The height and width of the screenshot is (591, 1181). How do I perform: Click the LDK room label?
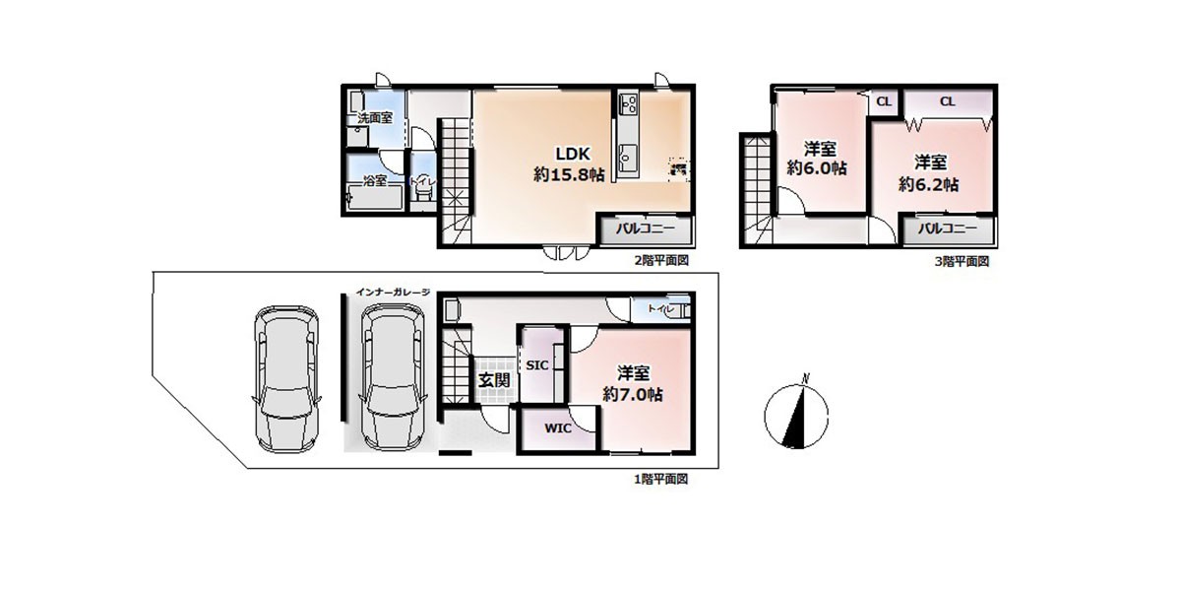point(573,154)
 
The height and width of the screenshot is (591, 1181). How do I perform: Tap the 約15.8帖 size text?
point(569,174)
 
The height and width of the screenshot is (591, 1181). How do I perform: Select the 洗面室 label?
point(375,117)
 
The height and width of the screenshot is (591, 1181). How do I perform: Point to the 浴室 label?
point(375,181)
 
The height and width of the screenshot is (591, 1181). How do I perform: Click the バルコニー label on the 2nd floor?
point(646,229)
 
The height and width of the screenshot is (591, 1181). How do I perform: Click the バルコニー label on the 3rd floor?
point(948,229)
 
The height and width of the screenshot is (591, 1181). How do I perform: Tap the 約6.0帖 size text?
point(817,168)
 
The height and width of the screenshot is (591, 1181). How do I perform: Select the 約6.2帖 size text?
point(928,185)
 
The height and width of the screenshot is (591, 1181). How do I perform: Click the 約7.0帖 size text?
point(633,394)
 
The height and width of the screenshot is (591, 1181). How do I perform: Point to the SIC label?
point(537,365)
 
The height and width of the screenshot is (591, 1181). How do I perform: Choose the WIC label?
point(558,427)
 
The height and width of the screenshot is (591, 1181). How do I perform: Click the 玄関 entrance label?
point(494,380)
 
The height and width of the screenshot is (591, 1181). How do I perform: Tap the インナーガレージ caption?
point(393,292)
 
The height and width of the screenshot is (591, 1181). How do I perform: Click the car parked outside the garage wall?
point(286,379)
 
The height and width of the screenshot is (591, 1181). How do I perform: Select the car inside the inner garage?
point(393,379)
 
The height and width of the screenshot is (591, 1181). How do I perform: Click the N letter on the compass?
point(805,378)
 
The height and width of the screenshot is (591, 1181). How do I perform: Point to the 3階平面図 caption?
point(962,261)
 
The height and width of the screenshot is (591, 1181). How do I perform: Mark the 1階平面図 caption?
point(660,479)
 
